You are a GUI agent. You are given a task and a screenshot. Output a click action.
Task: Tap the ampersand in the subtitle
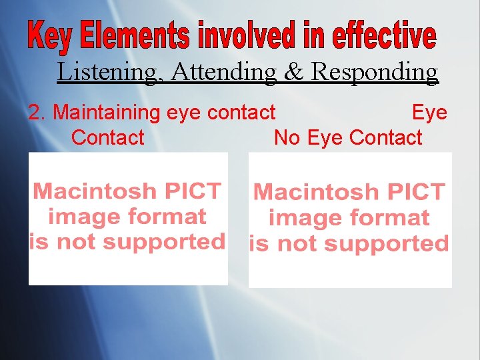(294, 71)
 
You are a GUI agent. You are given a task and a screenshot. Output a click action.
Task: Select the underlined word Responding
(375, 71)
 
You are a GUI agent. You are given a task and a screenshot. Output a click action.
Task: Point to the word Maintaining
(107, 113)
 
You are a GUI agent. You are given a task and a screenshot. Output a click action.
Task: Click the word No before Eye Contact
(287, 138)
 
